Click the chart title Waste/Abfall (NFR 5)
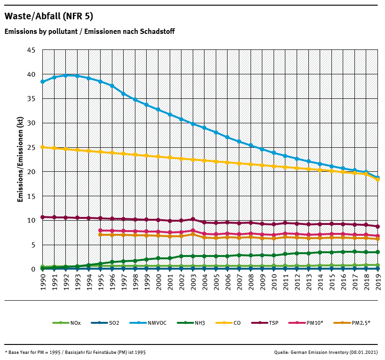48,16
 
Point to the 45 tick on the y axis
31,50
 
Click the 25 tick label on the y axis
31,147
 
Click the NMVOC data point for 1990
43,81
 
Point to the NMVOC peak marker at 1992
66,75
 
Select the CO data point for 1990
43,147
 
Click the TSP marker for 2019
378,226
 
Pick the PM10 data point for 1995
101,231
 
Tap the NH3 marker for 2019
378,252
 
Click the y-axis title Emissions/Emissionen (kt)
20,160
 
